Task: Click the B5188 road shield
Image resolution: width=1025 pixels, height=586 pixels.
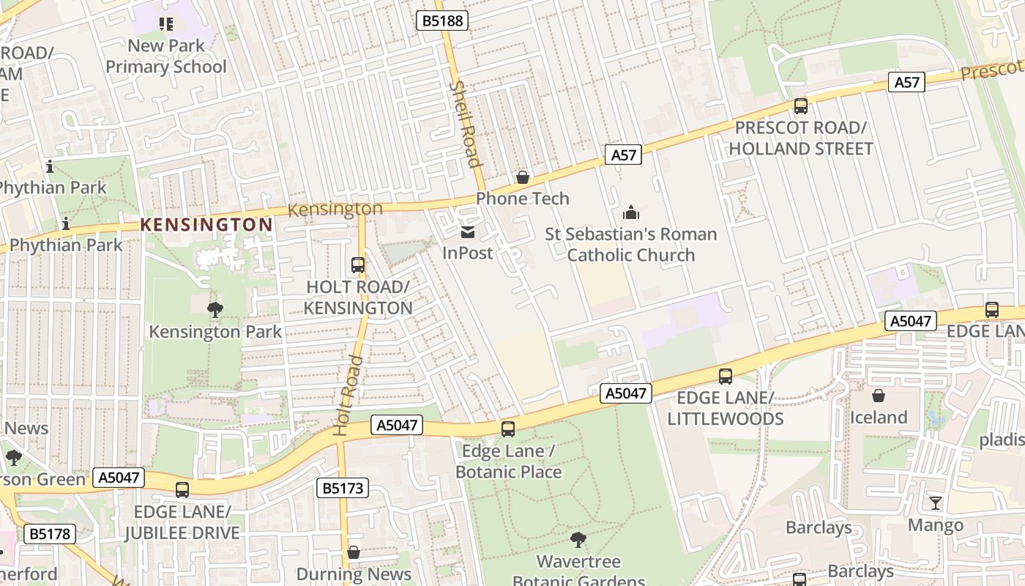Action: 443,20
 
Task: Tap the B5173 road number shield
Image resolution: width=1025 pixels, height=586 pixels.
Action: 342,488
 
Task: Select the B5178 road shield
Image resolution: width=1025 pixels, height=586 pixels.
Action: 50,534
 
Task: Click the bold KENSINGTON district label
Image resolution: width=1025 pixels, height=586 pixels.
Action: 206,224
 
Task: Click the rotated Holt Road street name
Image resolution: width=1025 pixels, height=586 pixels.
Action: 347,396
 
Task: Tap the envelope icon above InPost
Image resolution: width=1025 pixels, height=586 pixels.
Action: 467,233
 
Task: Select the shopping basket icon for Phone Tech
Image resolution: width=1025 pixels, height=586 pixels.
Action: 523,177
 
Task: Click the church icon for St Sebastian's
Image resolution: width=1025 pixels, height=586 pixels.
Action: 630,213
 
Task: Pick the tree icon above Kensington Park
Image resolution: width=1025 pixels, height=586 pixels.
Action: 215,310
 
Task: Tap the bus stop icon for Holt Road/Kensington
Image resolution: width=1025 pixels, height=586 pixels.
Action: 358,265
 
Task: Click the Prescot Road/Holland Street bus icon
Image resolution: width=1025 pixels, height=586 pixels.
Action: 800,106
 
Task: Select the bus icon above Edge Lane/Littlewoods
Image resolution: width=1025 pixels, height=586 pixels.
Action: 725,377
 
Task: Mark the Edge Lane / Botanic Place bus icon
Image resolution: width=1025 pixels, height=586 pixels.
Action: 508,429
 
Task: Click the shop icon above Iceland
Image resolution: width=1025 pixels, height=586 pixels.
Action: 878,396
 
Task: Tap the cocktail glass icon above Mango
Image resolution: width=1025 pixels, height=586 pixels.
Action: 935,503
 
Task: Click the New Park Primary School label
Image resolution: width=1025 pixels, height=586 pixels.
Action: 166,56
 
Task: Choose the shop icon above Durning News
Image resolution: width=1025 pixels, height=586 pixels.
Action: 354,552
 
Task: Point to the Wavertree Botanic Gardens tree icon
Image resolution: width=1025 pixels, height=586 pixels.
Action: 578,540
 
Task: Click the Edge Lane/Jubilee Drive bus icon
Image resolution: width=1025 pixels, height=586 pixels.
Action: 182,490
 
